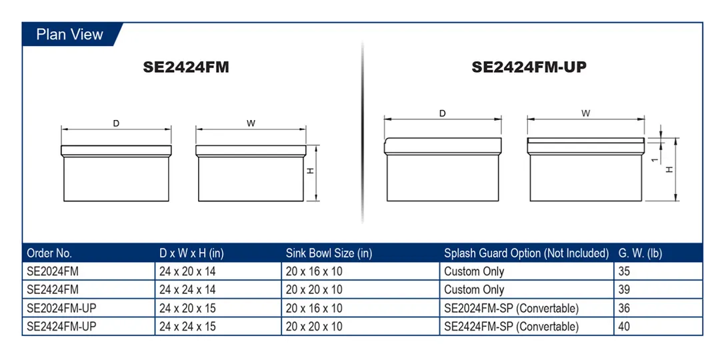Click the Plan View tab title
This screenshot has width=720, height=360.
point(70,35)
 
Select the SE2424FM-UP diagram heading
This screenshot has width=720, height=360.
point(529,67)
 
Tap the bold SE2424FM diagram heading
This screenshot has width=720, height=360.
point(186,67)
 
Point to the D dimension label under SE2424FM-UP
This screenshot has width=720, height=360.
point(443,113)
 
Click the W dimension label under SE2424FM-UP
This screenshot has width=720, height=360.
point(585,113)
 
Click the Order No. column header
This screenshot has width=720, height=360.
point(49,253)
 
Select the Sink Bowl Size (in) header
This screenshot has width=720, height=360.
point(329,253)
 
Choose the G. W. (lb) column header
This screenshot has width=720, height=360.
point(641,253)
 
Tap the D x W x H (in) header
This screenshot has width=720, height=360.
point(191,253)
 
